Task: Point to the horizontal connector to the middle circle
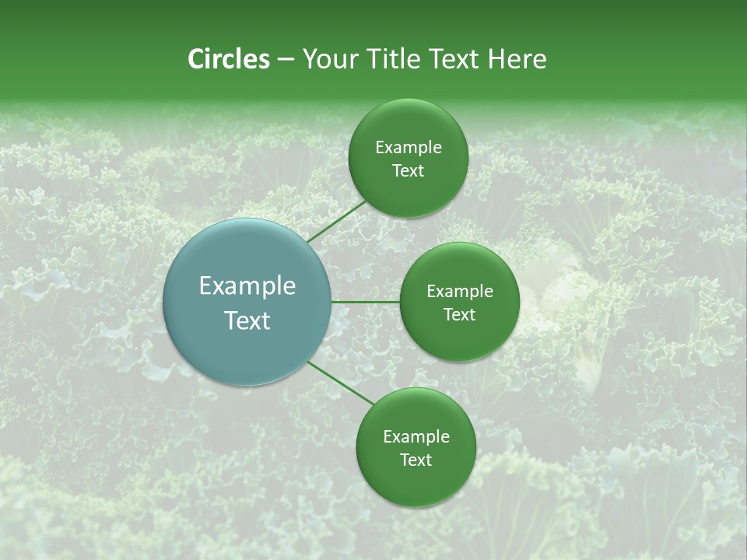click(x=365, y=301)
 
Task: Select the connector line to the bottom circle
click(x=340, y=383)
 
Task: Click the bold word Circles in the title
click(x=229, y=59)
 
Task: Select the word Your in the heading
click(x=328, y=59)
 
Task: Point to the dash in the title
click(x=286, y=60)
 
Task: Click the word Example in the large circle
click(x=247, y=286)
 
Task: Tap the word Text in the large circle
click(x=247, y=320)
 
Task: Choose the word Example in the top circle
click(x=409, y=148)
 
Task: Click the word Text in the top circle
click(x=408, y=170)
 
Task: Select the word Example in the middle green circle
click(x=460, y=292)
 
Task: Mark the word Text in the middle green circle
click(x=459, y=314)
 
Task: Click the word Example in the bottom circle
click(x=416, y=437)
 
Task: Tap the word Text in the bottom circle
click(x=416, y=460)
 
